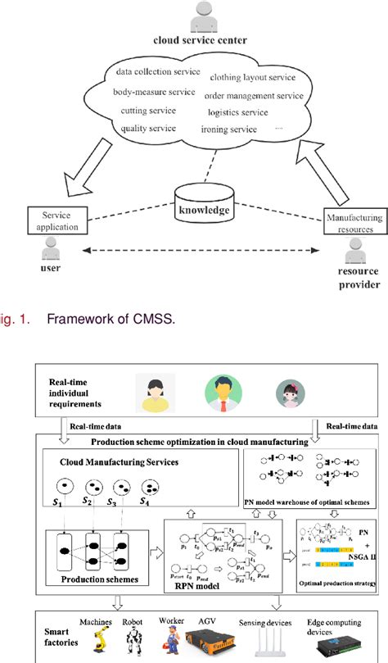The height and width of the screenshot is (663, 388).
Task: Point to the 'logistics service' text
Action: click(237, 111)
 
